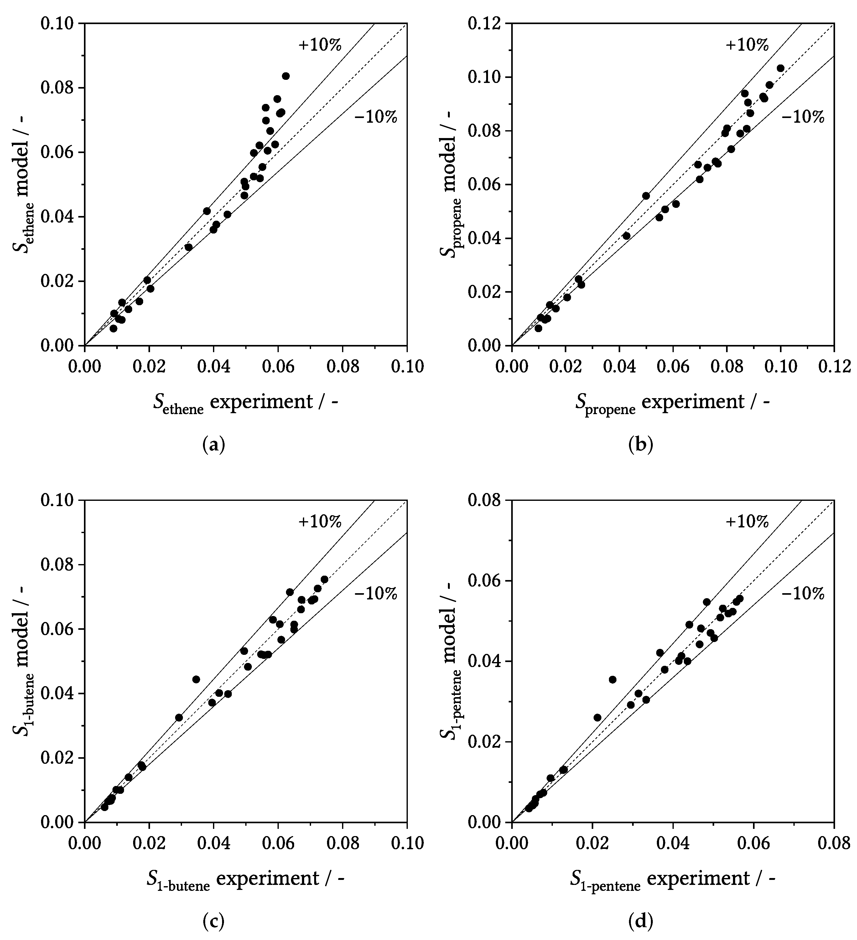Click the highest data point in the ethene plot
[x=286, y=76]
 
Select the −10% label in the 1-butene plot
[x=376, y=593]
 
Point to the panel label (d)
[x=641, y=921]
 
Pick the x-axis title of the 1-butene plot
[x=245, y=878]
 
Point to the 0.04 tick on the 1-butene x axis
[x=214, y=843]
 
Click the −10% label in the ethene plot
[x=376, y=117]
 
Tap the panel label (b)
[x=641, y=445]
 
